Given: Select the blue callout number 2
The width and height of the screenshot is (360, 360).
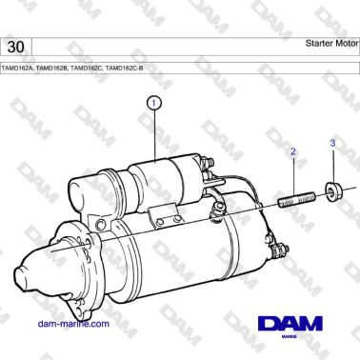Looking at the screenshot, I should (293, 151).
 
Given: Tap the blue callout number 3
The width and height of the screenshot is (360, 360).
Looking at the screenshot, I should (332, 144).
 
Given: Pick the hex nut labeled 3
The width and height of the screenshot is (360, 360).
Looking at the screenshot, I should (333, 193).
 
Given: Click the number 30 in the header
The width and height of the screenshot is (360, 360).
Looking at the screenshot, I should (15, 47).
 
